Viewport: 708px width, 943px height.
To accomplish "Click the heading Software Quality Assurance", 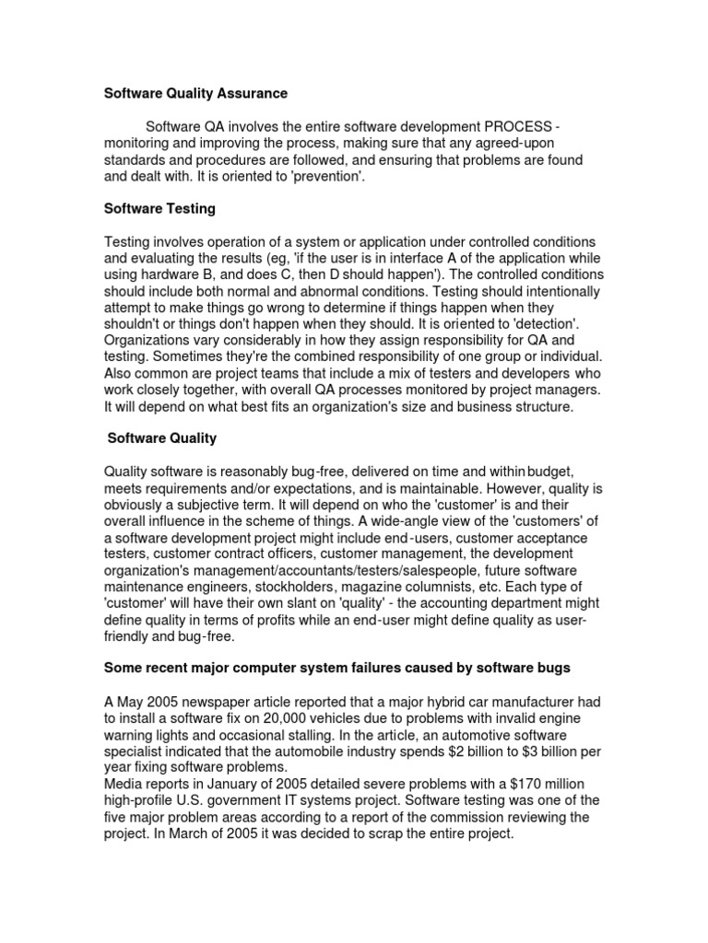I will [195, 94].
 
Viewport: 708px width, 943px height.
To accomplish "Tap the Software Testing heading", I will [159, 209].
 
